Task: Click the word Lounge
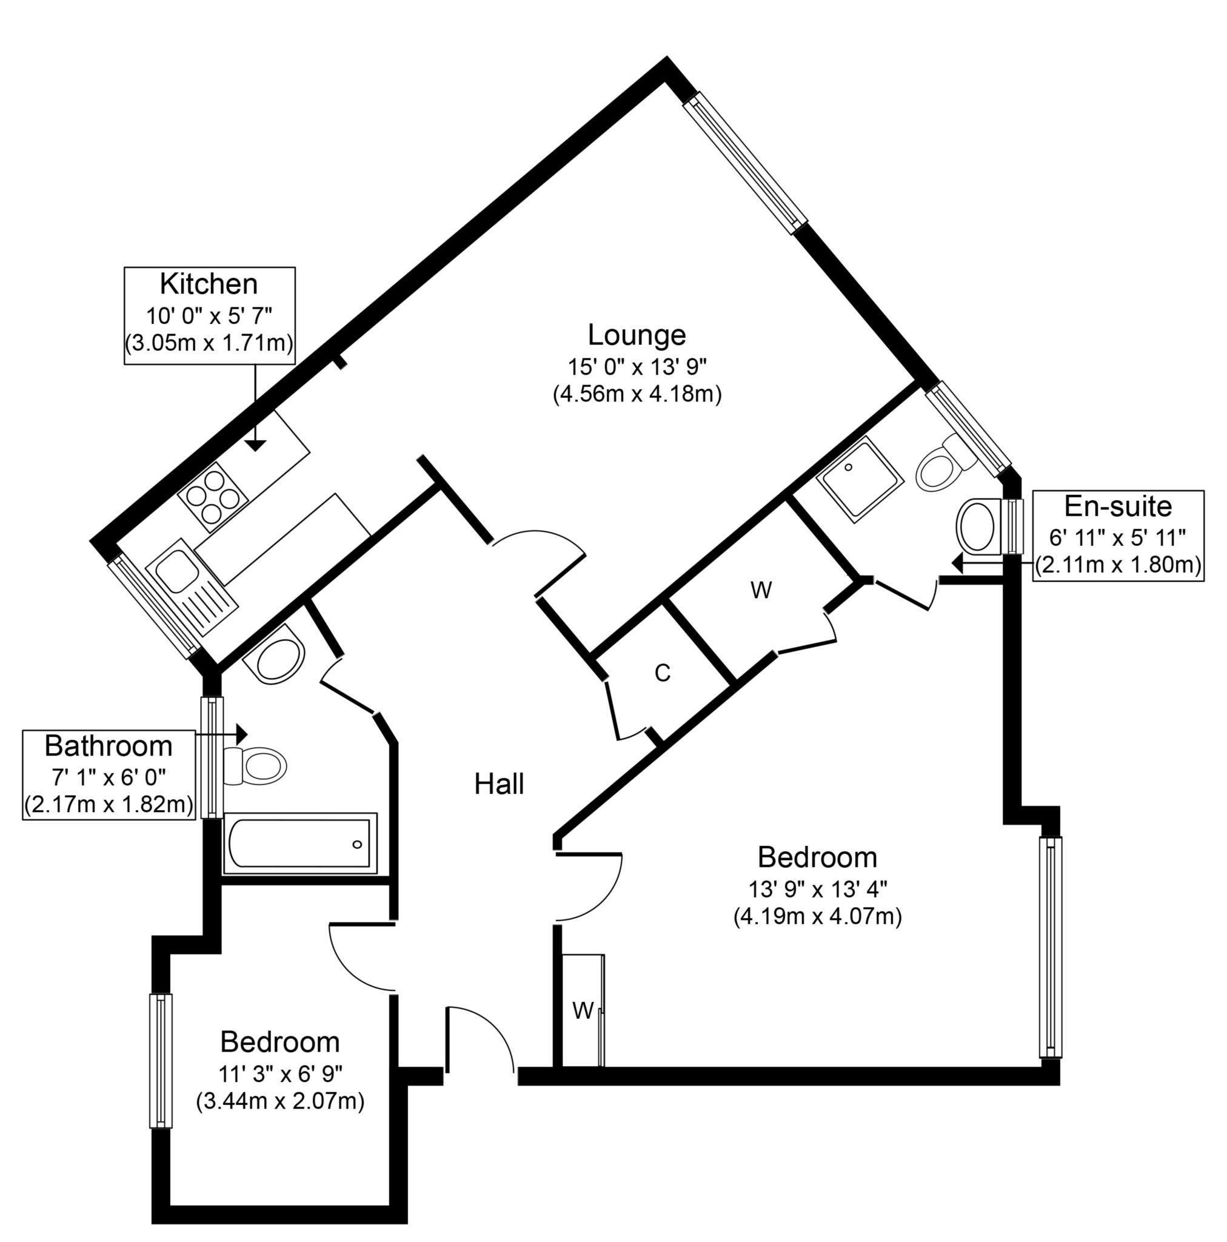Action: click(x=637, y=335)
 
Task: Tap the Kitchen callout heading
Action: click(x=209, y=283)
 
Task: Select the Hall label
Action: click(x=499, y=784)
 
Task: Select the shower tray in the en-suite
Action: click(x=858, y=477)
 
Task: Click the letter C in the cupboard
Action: click(x=662, y=673)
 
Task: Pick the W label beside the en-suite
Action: click(x=761, y=590)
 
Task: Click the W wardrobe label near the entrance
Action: click(x=583, y=1011)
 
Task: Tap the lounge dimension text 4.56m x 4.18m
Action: click(x=637, y=394)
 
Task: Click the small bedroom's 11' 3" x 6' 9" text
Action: click(x=279, y=1073)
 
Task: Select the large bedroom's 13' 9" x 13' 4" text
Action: click(x=817, y=890)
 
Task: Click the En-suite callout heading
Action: click(x=1118, y=506)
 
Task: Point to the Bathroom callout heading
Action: click(x=109, y=747)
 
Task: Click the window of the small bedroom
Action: click(x=161, y=1061)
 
